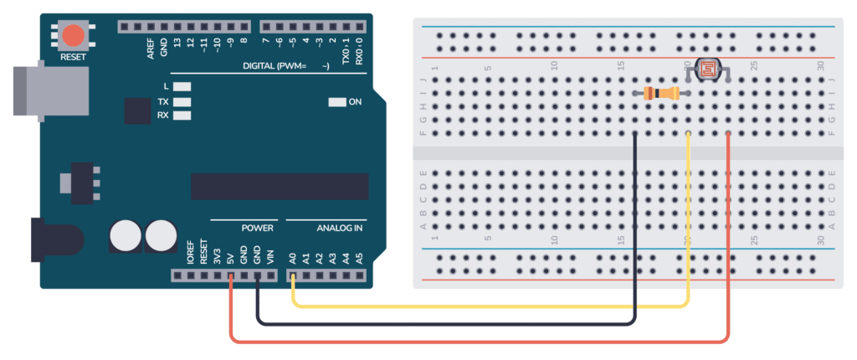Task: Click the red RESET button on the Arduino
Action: (x=74, y=35)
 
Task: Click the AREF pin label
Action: (x=151, y=49)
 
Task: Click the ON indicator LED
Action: (x=336, y=102)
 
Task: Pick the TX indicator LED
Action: (x=182, y=101)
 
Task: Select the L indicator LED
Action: (x=182, y=86)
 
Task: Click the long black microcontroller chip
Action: (x=279, y=186)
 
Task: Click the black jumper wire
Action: (x=452, y=322)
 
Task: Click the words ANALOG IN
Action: (x=340, y=229)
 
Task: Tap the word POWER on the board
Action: (x=257, y=229)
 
